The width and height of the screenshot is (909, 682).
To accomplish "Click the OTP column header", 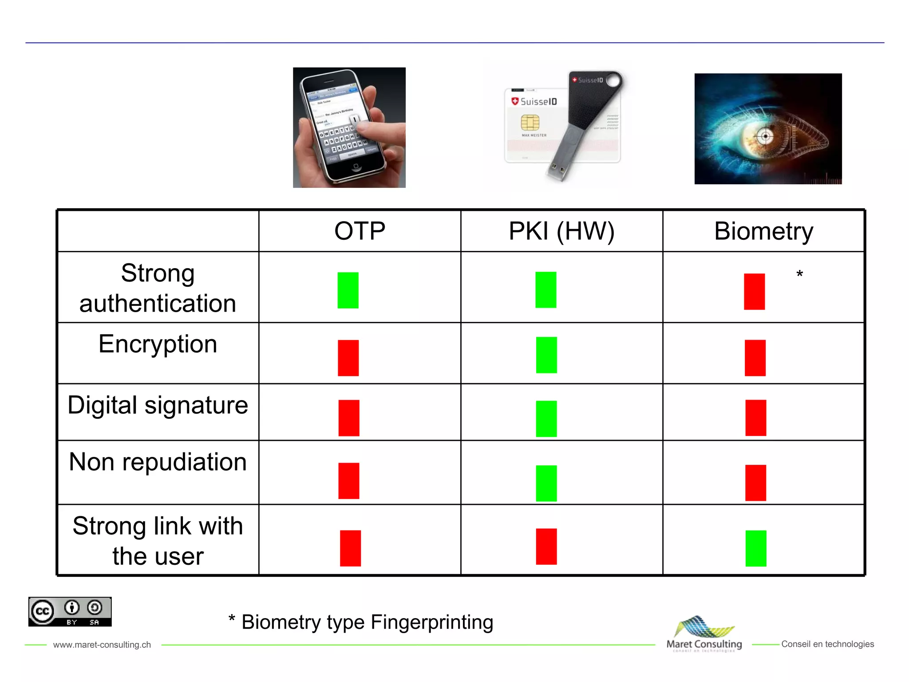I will pyautogui.click(x=360, y=231).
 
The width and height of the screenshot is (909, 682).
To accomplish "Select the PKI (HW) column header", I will pyautogui.click(x=561, y=231).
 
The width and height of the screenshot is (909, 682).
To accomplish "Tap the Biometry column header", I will pyautogui.click(x=763, y=231).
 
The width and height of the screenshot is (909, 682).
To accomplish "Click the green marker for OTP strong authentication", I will pyautogui.click(x=348, y=290).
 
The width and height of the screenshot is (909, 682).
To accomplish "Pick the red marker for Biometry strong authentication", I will pyautogui.click(x=754, y=291).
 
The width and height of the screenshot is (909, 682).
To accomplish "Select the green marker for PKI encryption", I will pyautogui.click(x=546, y=355).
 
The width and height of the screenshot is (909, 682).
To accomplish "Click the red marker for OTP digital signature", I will pyautogui.click(x=349, y=418).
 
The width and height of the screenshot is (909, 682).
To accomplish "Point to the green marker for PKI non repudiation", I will pyautogui.click(x=546, y=483).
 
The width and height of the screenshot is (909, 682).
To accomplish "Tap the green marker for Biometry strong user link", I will pyautogui.click(x=756, y=548).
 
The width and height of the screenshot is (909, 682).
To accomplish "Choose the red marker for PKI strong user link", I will pyautogui.click(x=546, y=546).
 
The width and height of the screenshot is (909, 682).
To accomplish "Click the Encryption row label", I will pyautogui.click(x=158, y=344).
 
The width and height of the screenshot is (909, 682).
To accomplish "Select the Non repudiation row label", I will pyautogui.click(x=158, y=462).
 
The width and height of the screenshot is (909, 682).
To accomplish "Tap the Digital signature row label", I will pyautogui.click(x=158, y=405).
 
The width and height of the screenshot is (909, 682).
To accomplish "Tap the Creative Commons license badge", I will pyautogui.click(x=70, y=612).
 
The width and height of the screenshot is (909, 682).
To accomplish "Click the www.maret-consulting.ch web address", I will pyautogui.click(x=102, y=644).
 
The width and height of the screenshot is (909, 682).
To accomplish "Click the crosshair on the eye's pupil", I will pyautogui.click(x=765, y=136).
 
